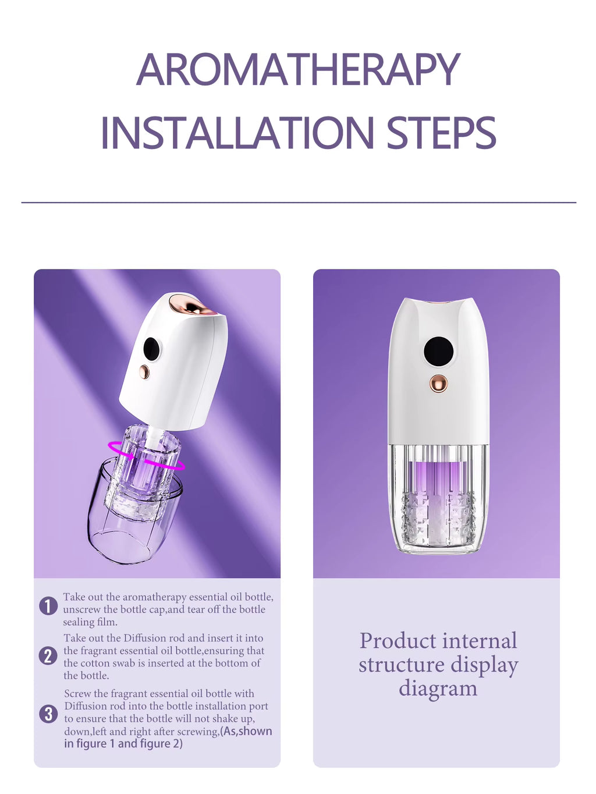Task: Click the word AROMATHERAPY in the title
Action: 298,69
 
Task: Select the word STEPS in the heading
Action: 441,132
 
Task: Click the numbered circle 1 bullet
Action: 48,605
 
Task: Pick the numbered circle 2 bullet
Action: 48,656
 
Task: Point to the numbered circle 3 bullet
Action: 48,714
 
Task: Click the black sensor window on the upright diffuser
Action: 438,351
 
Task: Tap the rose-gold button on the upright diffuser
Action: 438,384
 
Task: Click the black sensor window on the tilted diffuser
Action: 151,349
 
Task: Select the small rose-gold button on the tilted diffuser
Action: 144,371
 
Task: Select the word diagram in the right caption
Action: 438,688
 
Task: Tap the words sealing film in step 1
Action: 90,622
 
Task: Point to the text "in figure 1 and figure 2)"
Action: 123,744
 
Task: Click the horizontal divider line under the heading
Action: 299,203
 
